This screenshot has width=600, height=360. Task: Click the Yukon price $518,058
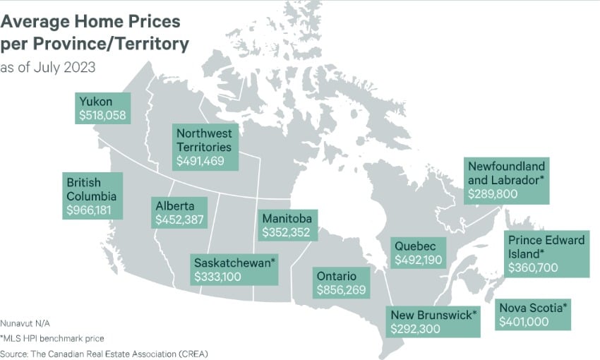click(x=103, y=114)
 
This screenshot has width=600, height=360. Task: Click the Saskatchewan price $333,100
click(x=218, y=277)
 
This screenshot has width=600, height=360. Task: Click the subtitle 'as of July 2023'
click(x=47, y=68)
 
